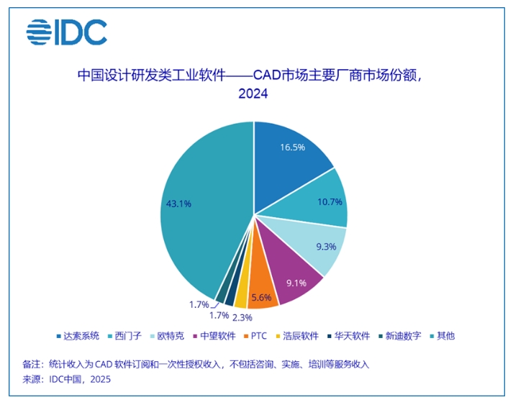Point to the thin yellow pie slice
(241, 296)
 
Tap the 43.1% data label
(178, 204)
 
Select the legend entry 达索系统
(78, 335)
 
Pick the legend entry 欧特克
(168, 335)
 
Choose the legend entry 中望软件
(217, 335)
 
